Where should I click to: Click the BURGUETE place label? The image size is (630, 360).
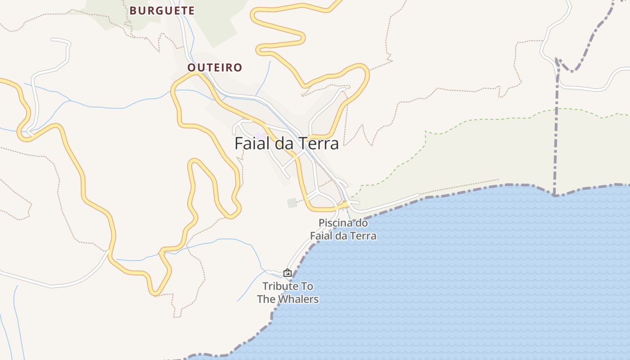(x=162, y=11)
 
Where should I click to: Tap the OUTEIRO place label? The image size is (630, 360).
(x=215, y=68)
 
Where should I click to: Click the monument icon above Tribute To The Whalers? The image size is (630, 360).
(x=288, y=273)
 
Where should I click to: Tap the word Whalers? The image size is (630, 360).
(x=298, y=299)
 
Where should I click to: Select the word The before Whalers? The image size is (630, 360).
(x=266, y=299)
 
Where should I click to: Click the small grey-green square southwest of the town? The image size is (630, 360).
(x=292, y=203)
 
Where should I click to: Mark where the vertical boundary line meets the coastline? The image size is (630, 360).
(x=554, y=195)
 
